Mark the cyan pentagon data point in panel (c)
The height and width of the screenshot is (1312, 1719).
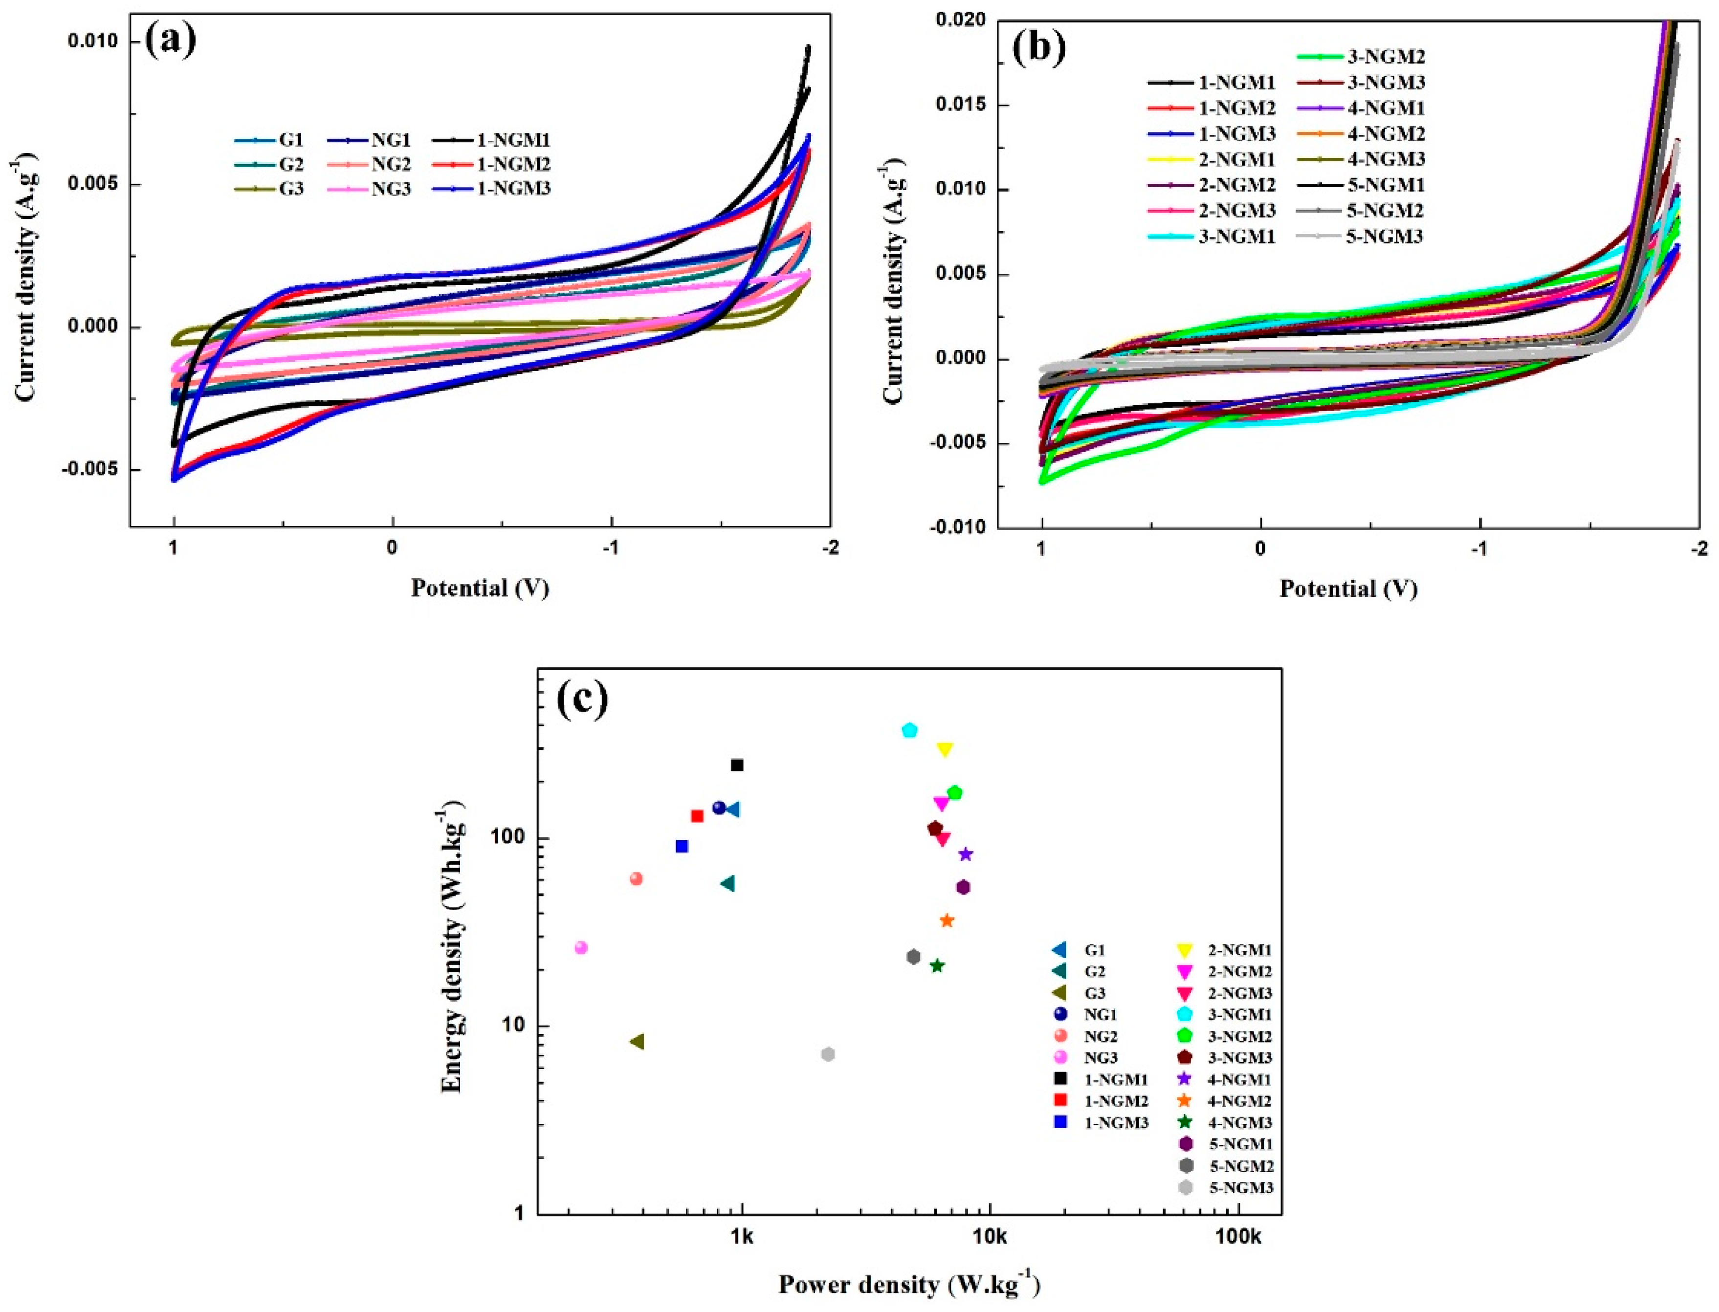coord(909,730)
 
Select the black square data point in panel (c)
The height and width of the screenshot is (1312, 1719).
coord(736,765)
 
